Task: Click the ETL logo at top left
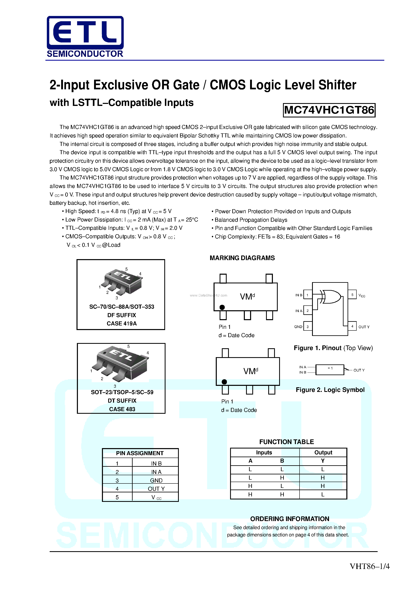(85, 36)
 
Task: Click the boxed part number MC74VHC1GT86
(329, 110)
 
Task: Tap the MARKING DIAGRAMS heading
(242, 258)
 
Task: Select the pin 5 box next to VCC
(352, 295)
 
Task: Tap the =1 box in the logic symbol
(330, 370)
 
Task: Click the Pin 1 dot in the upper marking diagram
(222, 307)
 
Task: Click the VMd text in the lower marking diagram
(250, 371)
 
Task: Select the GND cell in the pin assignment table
(156, 480)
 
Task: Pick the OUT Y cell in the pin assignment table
(156, 489)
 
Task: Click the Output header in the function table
(323, 453)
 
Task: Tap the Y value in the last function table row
(323, 494)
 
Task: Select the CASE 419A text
(122, 324)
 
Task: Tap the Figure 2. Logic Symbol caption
(330, 390)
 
